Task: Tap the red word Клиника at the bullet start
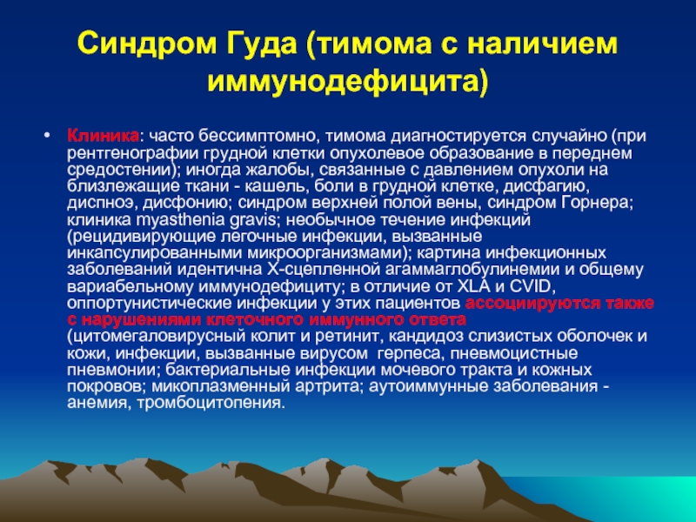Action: [103, 135]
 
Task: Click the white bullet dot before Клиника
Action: [48, 135]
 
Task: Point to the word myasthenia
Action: [181, 220]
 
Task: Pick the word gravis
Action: [254, 220]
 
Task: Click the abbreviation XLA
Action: [473, 287]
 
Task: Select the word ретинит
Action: [346, 337]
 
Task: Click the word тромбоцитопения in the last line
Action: [211, 404]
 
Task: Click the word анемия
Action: [99, 404]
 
